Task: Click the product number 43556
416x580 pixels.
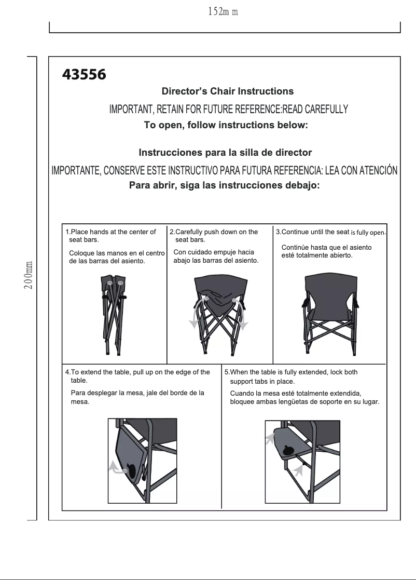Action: [x=84, y=75]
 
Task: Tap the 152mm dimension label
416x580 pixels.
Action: [x=222, y=11]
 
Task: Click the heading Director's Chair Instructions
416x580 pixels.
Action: [x=228, y=91]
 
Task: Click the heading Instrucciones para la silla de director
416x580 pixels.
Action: [x=225, y=153]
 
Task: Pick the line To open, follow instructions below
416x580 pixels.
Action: [x=226, y=125]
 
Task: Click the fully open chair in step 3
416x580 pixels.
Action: [x=329, y=314]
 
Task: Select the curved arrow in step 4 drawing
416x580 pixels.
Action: [x=117, y=467]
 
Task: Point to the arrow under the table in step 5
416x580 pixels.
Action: [x=297, y=470]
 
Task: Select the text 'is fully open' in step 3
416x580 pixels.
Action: [x=368, y=232]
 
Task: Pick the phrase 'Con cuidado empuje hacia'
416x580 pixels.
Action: [x=213, y=252]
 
